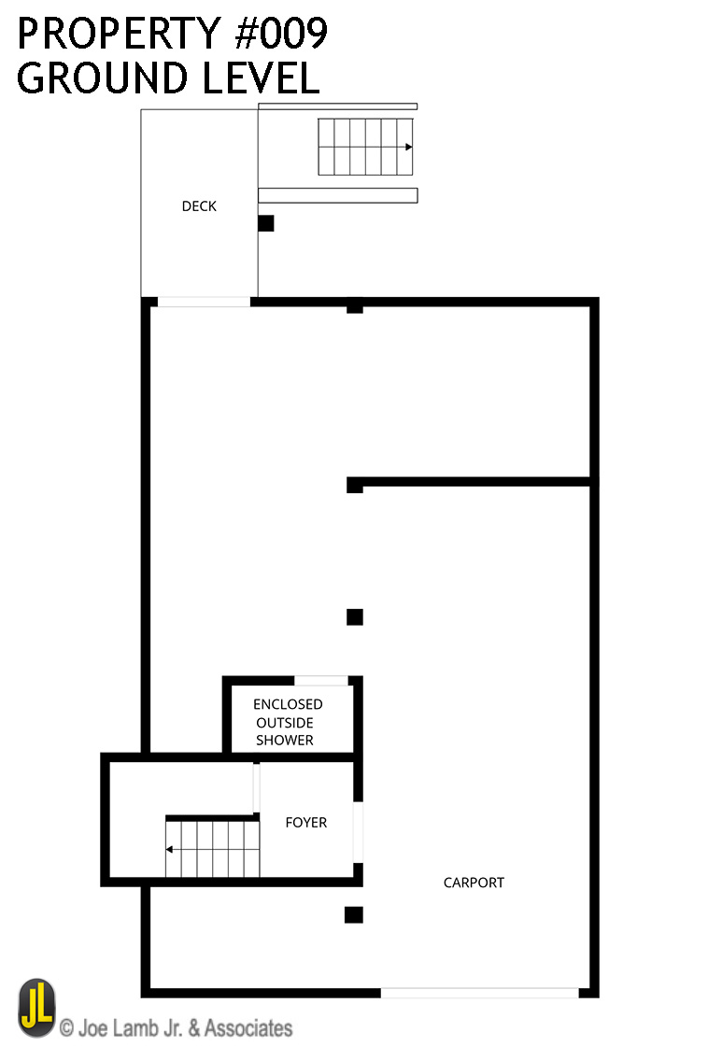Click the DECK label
199,206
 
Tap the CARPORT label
474,883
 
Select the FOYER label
306,823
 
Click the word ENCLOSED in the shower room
288,704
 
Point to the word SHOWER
285,740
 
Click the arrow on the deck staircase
408,147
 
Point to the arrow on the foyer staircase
170,850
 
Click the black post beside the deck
266,223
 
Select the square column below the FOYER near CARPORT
353,915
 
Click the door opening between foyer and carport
358,831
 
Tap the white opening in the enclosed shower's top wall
321,681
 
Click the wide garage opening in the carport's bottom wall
479,993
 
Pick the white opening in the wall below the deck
204,302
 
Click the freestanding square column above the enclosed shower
355,616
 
